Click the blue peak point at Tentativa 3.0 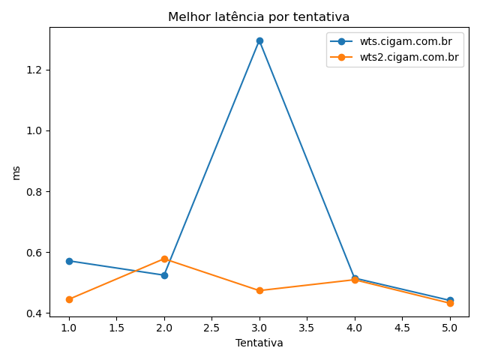click(x=259, y=40)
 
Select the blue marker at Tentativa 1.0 click(x=69, y=261)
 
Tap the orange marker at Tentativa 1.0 click(x=69, y=299)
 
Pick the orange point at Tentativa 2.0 click(x=164, y=259)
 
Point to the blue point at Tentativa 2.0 click(x=164, y=275)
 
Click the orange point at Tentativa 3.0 click(x=259, y=290)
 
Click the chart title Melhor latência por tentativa click(x=259, y=17)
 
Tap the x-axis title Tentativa click(x=259, y=343)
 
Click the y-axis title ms click(x=16, y=172)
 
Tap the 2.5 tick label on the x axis click(x=211, y=328)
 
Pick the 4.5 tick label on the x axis click(x=402, y=328)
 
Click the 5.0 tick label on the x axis click(x=450, y=328)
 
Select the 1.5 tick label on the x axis click(x=116, y=328)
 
